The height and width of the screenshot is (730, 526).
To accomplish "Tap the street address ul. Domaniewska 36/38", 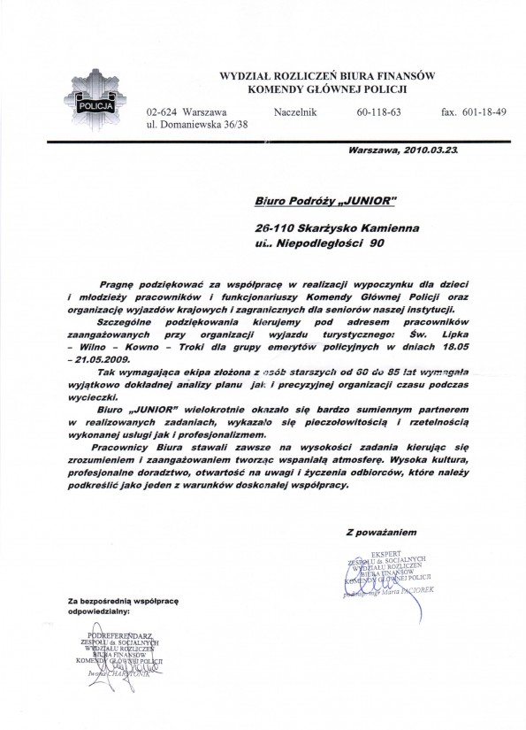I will [x=197, y=127].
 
